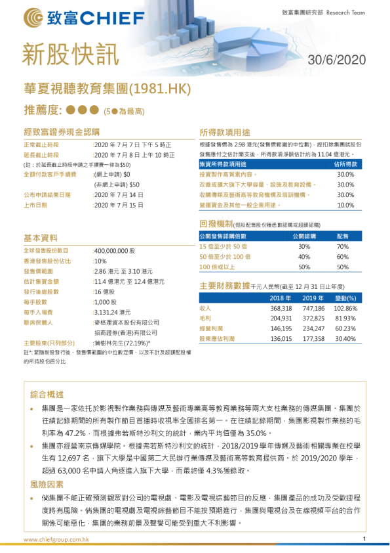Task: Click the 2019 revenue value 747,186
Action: (313, 308)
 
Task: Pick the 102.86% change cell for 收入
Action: (345, 308)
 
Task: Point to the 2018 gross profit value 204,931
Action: (281, 319)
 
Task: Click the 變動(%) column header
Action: (346, 298)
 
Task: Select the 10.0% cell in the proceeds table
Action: (345, 205)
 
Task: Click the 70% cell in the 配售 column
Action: (342, 246)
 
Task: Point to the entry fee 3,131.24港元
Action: (115, 312)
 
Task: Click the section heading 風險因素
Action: (47, 484)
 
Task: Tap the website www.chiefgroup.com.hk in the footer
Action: (56, 540)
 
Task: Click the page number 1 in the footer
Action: (364, 540)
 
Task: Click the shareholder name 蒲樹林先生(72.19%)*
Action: (122, 343)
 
